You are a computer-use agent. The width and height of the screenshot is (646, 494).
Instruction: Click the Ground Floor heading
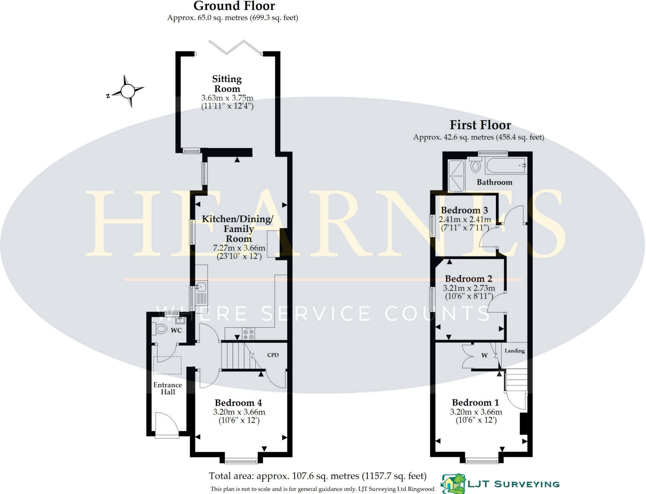click(234, 6)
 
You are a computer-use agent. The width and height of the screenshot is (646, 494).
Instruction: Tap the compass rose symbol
click(127, 91)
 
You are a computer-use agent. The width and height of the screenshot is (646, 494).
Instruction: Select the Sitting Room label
click(227, 84)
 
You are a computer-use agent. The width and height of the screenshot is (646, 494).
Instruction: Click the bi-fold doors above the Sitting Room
click(235, 48)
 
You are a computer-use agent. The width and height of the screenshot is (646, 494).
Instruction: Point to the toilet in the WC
click(161, 329)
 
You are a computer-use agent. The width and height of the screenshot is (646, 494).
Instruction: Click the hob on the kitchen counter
click(248, 334)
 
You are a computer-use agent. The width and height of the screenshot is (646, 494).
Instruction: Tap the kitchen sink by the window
click(201, 287)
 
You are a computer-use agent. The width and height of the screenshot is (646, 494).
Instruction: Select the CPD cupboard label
click(273, 355)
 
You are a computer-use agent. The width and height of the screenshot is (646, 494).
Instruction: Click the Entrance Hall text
click(167, 388)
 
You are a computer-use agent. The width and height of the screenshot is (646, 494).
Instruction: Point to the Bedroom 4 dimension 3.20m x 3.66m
click(239, 412)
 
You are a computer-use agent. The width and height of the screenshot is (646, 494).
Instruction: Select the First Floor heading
click(480, 125)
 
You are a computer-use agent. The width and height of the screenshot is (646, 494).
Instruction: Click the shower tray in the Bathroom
click(456, 176)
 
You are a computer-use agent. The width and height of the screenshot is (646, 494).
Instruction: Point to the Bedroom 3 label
click(464, 210)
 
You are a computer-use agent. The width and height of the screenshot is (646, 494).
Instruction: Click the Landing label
click(514, 351)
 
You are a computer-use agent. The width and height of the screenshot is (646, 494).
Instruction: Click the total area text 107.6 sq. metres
click(317, 476)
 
